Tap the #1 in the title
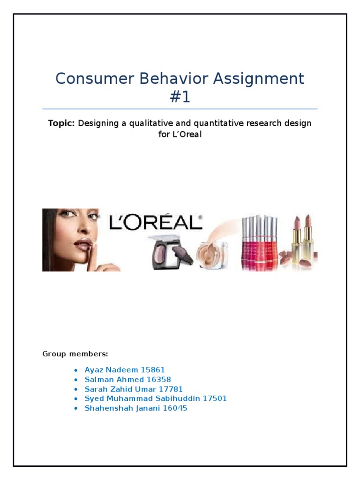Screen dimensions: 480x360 point(180,97)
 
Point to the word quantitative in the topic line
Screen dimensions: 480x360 point(221,123)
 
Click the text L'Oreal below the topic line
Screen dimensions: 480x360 point(186,134)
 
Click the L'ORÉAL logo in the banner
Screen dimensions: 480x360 point(156,222)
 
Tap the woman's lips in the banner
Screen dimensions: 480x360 point(83,244)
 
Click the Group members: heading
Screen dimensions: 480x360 point(75,353)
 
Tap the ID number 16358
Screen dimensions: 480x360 point(159,380)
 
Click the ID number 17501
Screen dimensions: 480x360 point(215,398)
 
